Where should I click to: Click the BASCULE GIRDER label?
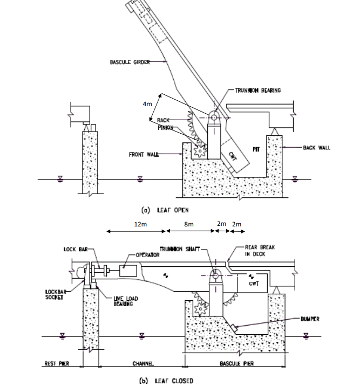click(127, 62)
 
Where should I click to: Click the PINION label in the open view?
click(166, 128)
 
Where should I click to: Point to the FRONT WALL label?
click(144, 154)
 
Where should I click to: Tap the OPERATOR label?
click(147, 255)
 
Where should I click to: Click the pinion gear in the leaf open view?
click(199, 150)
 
